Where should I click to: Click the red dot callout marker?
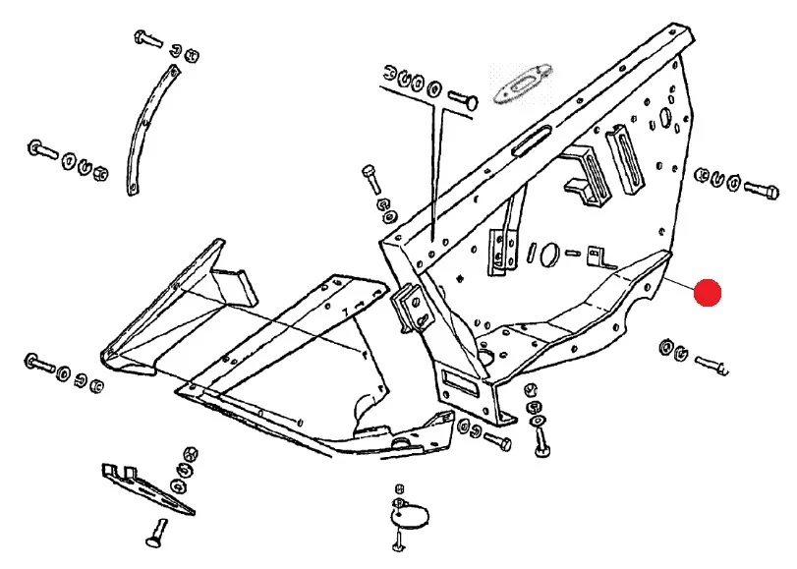[707, 293]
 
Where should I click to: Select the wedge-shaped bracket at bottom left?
[147, 485]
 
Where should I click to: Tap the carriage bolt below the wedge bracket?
[152, 537]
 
